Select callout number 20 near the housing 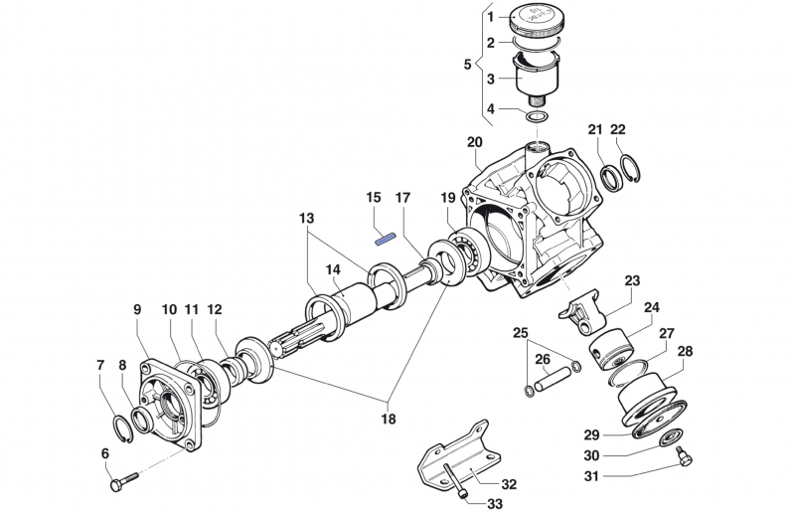click(x=474, y=142)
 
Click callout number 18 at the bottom click(x=388, y=419)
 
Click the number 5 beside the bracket click(x=468, y=65)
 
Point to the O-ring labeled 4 click(x=538, y=118)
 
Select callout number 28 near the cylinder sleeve click(x=685, y=352)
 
